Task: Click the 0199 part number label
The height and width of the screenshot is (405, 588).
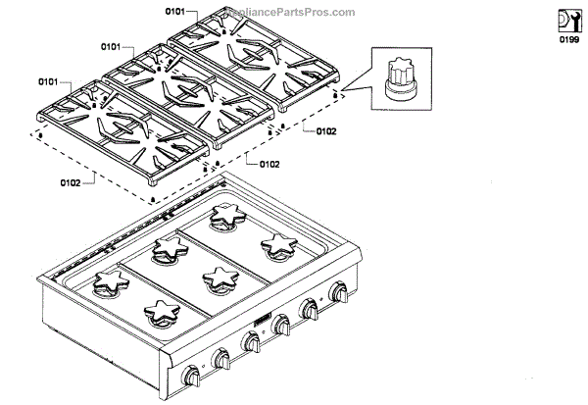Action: [569, 41]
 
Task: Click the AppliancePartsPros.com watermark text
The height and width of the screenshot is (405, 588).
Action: [291, 13]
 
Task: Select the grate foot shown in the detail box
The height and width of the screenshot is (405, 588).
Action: [398, 77]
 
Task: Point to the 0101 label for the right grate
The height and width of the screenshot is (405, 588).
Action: [174, 13]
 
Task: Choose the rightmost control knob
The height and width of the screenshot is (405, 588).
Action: [340, 292]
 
